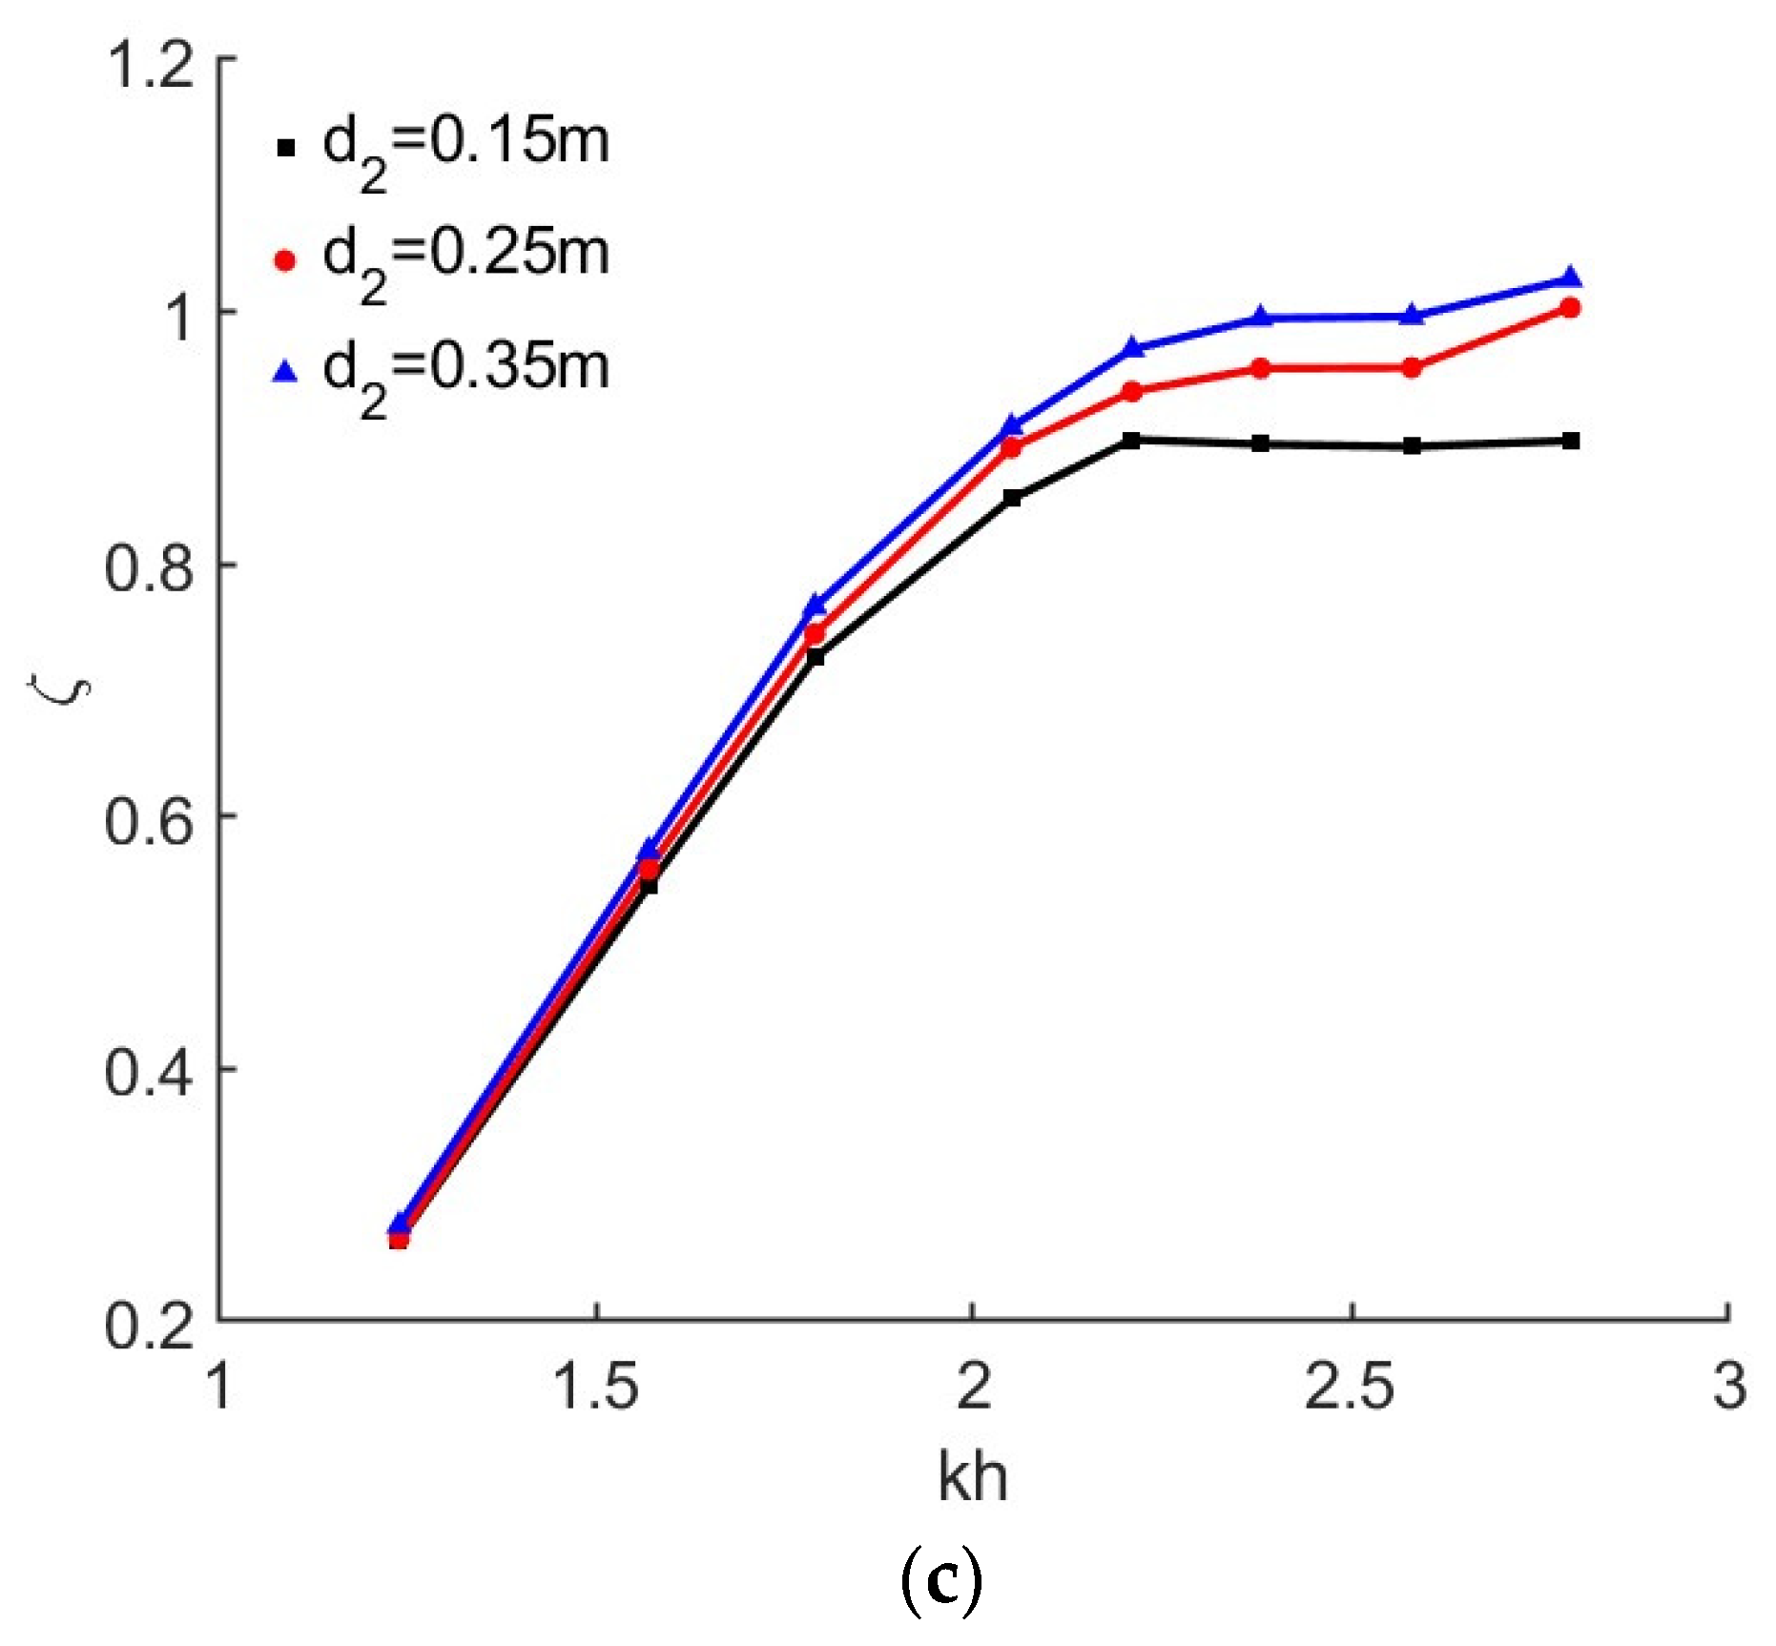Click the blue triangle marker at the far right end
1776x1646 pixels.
point(1570,278)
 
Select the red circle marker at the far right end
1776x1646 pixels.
point(1570,307)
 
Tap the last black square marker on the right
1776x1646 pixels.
point(1570,441)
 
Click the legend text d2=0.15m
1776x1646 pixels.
point(465,146)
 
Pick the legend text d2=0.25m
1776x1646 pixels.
point(465,258)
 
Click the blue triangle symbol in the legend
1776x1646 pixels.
point(285,372)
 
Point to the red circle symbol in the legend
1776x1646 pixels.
point(285,259)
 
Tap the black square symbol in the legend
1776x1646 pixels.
point(285,147)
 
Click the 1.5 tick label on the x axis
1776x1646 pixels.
point(595,1386)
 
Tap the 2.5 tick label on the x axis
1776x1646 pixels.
point(1349,1386)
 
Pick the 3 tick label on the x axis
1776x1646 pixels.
point(1729,1386)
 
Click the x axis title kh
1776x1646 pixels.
point(972,1477)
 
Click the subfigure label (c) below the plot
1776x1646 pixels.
point(940,1581)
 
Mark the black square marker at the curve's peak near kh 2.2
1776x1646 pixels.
point(1131,440)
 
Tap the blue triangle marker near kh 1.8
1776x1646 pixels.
point(815,605)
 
